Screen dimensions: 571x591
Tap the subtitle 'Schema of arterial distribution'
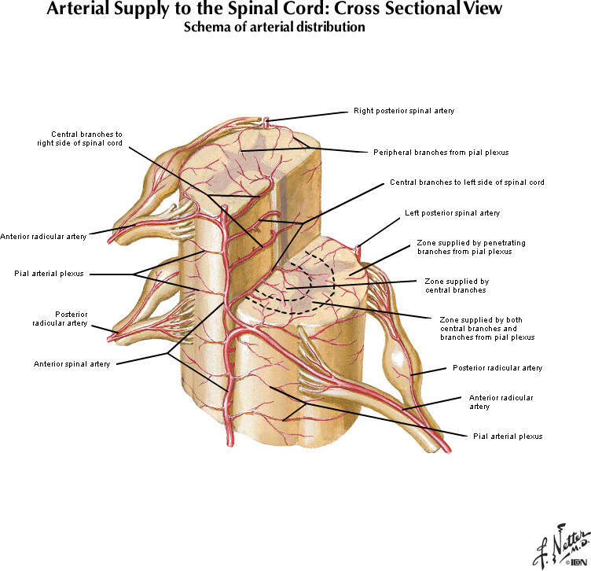[273, 28]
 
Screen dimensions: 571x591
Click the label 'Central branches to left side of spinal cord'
[467, 182]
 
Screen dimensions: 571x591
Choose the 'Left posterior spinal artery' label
[452, 213]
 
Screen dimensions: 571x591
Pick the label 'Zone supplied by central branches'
[457, 285]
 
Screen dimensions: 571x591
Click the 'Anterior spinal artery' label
[72, 363]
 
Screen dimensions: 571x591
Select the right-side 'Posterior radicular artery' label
[497, 367]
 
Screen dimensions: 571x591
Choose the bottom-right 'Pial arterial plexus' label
[507, 436]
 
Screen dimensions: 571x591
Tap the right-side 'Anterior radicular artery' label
[501, 402]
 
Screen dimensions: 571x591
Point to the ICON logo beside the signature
[575, 562]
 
